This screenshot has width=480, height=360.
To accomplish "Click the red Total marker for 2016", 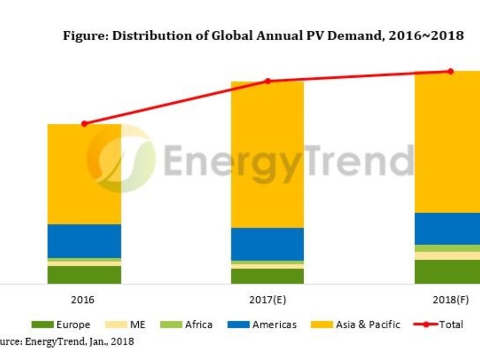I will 84,124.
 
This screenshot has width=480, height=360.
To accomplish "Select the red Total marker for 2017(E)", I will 268,81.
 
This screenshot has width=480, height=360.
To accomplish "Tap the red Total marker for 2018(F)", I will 451,71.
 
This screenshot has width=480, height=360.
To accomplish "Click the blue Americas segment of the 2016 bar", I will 84,241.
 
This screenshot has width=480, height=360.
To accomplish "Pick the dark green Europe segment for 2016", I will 84,274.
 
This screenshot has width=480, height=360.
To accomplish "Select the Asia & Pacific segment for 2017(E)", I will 268,154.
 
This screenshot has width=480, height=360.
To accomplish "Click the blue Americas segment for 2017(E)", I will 268,244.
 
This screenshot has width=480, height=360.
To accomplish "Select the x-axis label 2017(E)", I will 268,300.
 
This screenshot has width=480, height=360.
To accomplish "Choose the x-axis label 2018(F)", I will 450,300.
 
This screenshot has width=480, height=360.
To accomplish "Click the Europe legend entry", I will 61,325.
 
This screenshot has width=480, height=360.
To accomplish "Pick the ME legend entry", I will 127,325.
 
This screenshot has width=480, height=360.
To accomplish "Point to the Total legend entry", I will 438,325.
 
